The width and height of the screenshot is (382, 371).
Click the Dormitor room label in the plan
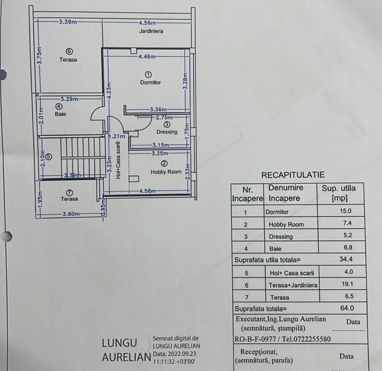(x=150, y=82)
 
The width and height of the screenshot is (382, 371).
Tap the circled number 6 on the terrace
(x=69, y=51)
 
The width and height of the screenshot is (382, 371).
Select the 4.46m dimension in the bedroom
(x=147, y=56)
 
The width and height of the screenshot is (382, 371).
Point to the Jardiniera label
(x=151, y=31)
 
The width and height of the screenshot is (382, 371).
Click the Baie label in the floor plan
(x=60, y=114)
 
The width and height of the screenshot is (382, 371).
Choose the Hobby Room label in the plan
(x=166, y=172)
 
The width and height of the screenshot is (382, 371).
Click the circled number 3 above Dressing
(x=167, y=125)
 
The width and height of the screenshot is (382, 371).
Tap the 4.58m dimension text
(x=147, y=191)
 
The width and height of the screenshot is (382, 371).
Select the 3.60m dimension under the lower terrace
(x=71, y=214)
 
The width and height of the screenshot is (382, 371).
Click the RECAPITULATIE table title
(x=293, y=175)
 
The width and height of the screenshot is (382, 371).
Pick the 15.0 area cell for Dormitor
(x=345, y=211)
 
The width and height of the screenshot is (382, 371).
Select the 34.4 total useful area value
(x=346, y=259)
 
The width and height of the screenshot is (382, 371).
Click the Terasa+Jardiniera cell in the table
(x=293, y=285)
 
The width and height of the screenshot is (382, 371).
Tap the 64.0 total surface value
(x=347, y=308)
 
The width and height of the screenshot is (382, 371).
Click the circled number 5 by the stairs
(x=49, y=157)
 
